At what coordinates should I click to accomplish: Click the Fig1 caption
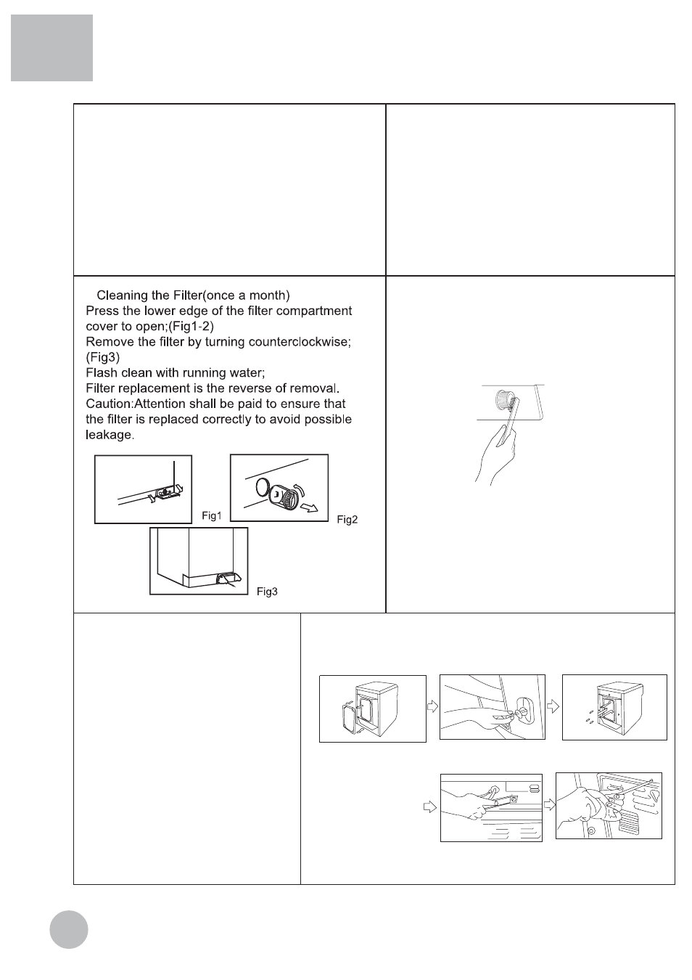pyautogui.click(x=211, y=515)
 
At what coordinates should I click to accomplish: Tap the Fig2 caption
pyautogui.click(x=347, y=520)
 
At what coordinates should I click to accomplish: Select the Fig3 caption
pyautogui.click(x=267, y=592)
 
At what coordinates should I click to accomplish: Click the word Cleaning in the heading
pyautogui.click(x=121, y=295)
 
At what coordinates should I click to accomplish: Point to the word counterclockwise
pyautogui.click(x=300, y=342)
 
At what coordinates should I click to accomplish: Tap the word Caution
pyautogui.click(x=108, y=404)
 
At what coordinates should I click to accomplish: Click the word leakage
pyautogui.click(x=109, y=435)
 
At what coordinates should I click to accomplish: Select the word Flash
pyautogui.click(x=102, y=373)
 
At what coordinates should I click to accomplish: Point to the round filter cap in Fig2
pyautogui.click(x=285, y=497)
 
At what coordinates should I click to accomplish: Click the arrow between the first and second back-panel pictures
pyautogui.click(x=433, y=706)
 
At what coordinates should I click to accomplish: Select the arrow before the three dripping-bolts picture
pyautogui.click(x=554, y=706)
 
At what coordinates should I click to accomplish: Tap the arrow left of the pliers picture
pyautogui.click(x=430, y=806)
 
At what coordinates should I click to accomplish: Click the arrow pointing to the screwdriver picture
pyautogui.click(x=549, y=804)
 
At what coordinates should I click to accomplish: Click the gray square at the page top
pyautogui.click(x=52, y=48)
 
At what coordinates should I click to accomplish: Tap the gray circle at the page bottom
pyautogui.click(x=69, y=929)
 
